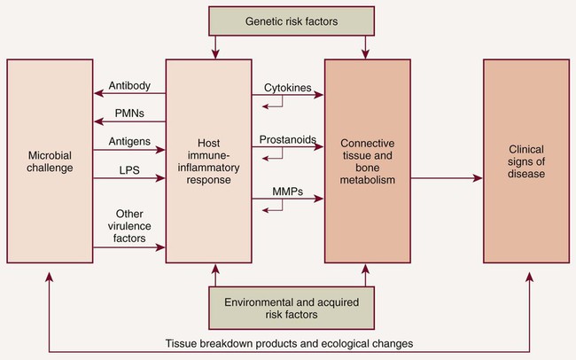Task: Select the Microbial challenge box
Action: pos(51,160)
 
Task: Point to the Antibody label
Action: pos(129,86)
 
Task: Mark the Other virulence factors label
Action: pos(129,225)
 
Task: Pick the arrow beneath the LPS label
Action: pos(129,178)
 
